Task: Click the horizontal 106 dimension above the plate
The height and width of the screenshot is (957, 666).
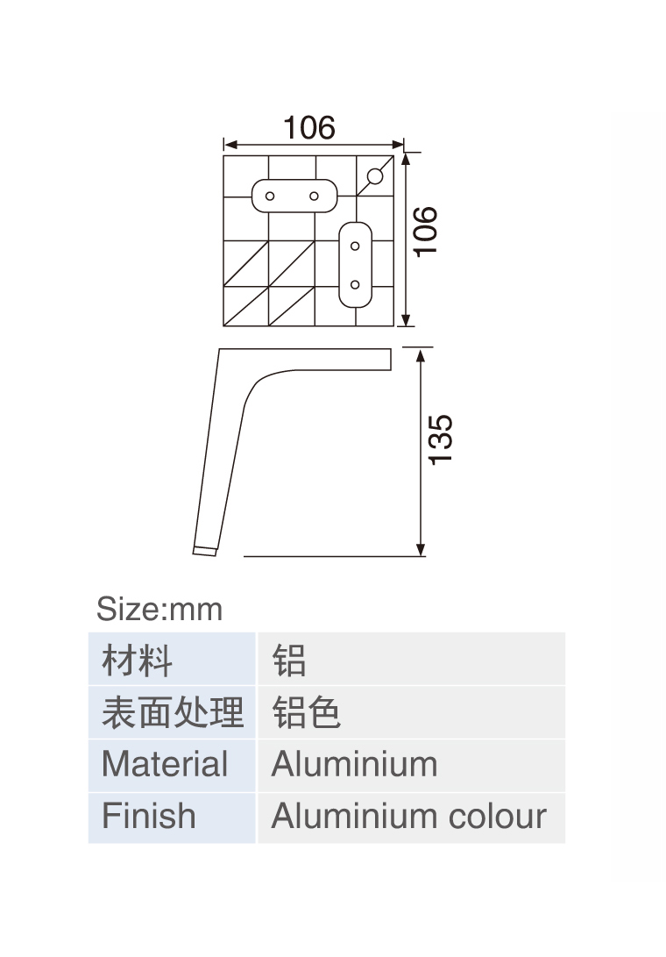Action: [x=308, y=128]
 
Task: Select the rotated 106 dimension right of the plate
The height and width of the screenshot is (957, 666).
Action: [x=425, y=231]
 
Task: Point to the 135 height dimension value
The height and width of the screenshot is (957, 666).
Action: [x=441, y=439]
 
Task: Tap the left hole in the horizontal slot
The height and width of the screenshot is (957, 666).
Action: [x=271, y=196]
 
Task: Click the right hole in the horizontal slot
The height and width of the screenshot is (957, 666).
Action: [x=314, y=196]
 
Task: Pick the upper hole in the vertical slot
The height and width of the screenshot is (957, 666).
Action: [x=355, y=246]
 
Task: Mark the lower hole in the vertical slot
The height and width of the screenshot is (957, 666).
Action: [x=355, y=284]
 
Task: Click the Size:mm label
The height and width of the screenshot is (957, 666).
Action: [x=159, y=609]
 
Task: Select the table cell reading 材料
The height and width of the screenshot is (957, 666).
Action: [x=138, y=660]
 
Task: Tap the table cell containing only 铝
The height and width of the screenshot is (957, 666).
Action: [x=289, y=660]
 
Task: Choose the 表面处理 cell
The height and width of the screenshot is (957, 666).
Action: [x=173, y=712]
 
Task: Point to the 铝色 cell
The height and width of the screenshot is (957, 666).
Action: [x=306, y=712]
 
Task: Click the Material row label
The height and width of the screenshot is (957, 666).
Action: [x=165, y=764]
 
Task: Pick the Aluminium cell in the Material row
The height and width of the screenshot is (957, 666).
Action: [x=354, y=764]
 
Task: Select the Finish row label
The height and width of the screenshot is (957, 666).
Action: [x=149, y=816]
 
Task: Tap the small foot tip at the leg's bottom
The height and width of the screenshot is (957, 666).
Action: [x=204, y=551]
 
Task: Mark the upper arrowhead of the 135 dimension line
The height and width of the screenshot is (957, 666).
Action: [x=421, y=354]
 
